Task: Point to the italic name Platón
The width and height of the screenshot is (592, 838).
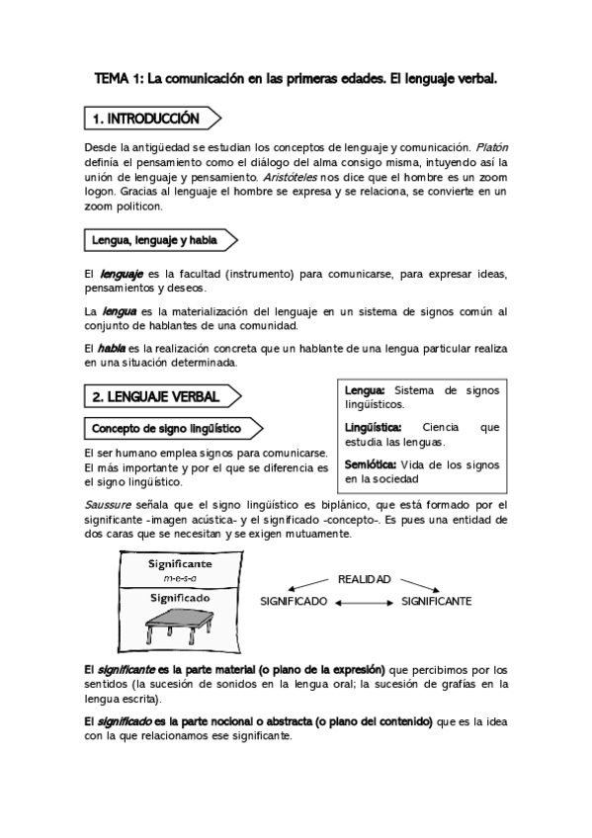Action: pos(489,145)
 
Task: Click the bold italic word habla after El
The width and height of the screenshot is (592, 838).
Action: pos(111,349)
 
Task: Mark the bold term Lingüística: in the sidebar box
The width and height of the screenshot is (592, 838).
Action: pos(374,428)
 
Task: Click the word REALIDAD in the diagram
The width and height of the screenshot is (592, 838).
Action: pos(364,578)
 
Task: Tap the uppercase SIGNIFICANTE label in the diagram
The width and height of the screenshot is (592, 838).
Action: pos(436,601)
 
